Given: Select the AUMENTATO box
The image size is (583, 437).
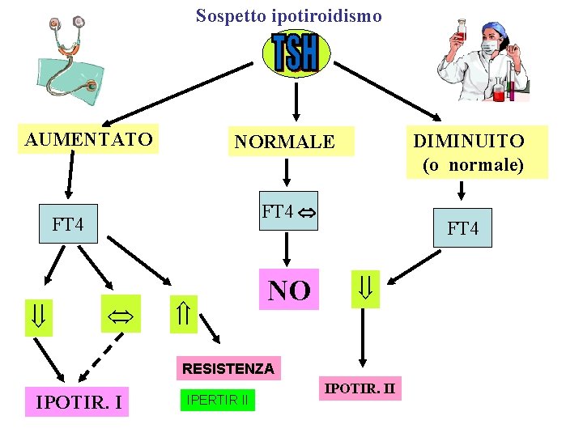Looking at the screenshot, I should (x=89, y=139).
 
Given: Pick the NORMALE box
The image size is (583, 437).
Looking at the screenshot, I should (x=284, y=142).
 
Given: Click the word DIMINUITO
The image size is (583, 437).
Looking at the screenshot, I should (x=469, y=141).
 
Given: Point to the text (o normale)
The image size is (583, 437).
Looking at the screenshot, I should (x=473, y=165).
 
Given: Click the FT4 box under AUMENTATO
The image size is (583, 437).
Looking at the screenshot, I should (x=68, y=223).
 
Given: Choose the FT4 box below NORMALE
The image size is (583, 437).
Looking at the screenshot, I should (x=288, y=212).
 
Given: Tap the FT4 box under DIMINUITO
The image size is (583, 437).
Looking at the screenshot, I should (x=462, y=228).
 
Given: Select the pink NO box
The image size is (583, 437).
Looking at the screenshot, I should (x=289, y=290).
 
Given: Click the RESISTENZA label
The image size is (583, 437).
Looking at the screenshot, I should (x=228, y=369).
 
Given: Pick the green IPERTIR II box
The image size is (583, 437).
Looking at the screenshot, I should (x=217, y=399).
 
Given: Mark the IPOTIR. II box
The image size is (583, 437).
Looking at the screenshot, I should (x=360, y=388).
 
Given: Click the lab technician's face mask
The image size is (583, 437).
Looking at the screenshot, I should (x=491, y=47).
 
